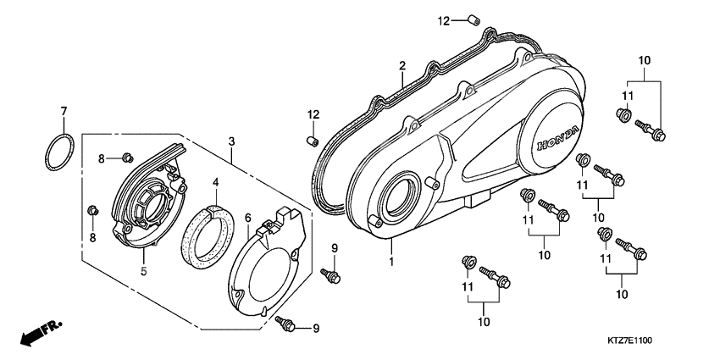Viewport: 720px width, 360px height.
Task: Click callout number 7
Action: pos(62,112)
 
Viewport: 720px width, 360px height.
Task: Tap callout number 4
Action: pos(215,182)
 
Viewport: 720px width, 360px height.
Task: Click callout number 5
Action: pos(144,271)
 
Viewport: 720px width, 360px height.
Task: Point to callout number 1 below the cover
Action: pos(391,262)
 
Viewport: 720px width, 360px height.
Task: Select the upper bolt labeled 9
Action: pos(330,274)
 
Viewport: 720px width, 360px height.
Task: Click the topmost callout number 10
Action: pos(645,60)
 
